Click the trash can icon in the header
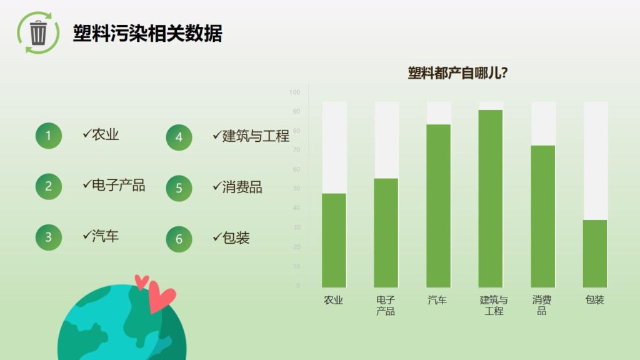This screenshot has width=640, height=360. (38, 32)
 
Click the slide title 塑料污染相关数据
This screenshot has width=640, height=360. (147, 33)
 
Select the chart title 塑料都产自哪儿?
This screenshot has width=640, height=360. (457, 73)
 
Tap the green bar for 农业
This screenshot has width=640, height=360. (334, 240)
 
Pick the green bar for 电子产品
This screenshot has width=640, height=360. (386, 232)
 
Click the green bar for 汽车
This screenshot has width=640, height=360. (438, 206)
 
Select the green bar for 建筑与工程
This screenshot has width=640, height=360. (491, 198)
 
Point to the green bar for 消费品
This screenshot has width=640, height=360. (542, 216)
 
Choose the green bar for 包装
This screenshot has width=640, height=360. (595, 253)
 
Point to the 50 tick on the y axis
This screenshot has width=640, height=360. (296, 189)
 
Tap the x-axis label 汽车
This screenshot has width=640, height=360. (437, 300)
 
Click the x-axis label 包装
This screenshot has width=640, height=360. (594, 300)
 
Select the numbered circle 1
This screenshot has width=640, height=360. (49, 135)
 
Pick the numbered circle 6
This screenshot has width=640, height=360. (179, 239)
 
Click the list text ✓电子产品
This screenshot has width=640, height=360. (114, 185)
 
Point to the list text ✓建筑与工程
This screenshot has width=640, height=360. (251, 136)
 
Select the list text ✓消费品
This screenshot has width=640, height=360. (237, 187)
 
